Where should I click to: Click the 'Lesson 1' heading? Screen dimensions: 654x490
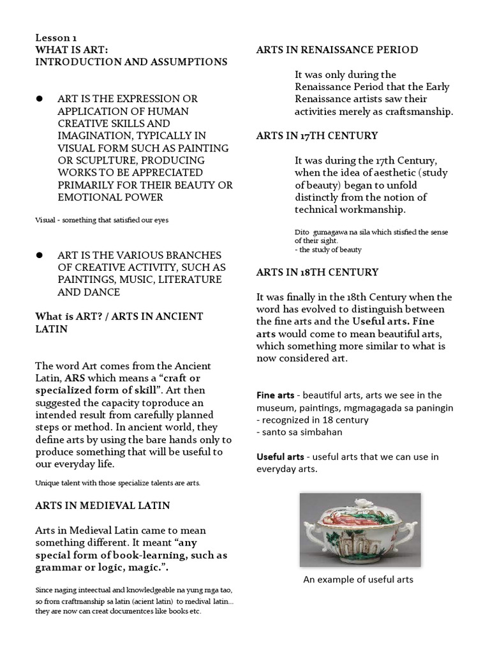[56, 38]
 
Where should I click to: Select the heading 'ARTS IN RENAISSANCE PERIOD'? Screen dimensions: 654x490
[337, 50]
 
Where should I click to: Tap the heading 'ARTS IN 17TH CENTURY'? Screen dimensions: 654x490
[317, 135]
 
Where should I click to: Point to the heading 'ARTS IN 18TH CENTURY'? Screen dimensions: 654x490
[317, 272]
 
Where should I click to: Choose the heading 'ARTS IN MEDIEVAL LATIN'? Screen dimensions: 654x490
[102, 505]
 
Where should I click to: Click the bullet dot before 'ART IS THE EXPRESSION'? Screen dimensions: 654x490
[39, 98]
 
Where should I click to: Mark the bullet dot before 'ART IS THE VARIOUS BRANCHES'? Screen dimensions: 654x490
[39, 255]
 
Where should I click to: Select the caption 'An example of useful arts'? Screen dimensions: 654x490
[357, 579]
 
